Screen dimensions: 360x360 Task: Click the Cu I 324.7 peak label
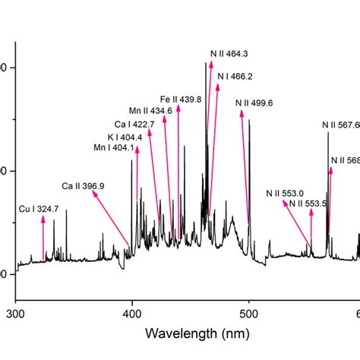coord(39,207)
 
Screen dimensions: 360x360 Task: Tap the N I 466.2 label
coord(235,77)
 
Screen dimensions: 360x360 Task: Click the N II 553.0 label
coord(285,194)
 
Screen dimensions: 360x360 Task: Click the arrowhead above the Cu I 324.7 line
coord(43,218)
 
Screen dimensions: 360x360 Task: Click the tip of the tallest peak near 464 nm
coord(206,63)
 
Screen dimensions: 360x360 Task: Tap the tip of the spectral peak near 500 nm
coord(249,120)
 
